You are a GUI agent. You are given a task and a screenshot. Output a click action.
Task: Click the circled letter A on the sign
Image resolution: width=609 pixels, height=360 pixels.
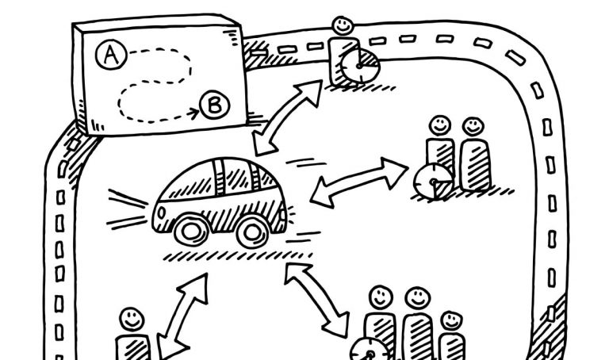pos(110,54)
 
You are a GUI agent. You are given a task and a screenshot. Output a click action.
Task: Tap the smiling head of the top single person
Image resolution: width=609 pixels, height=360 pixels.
pos(343,26)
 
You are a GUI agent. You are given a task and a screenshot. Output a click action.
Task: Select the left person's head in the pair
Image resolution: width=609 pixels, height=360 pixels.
pos(439,125)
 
